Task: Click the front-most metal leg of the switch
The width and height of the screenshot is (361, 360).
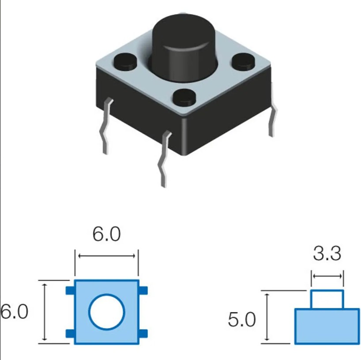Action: click(x=164, y=159)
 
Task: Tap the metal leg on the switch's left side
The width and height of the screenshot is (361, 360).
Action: click(x=106, y=126)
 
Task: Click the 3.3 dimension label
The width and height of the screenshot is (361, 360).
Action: click(x=327, y=254)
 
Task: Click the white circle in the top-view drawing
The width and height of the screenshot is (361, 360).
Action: click(x=107, y=311)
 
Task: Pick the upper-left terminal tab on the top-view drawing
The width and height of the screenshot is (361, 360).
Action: click(x=70, y=291)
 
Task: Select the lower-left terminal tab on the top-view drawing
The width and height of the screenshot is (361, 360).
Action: click(x=70, y=333)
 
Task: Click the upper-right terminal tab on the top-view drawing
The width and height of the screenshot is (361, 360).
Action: click(x=143, y=291)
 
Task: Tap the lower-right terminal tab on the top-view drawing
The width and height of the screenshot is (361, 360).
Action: click(x=143, y=333)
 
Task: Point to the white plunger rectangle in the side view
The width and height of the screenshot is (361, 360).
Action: click(x=327, y=299)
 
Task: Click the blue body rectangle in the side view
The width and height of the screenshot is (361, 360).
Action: click(x=327, y=326)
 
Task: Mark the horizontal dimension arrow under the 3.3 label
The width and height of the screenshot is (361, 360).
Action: click(x=327, y=277)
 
